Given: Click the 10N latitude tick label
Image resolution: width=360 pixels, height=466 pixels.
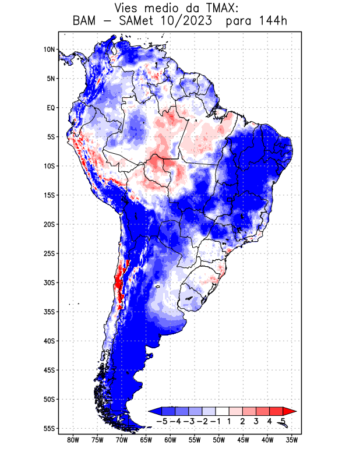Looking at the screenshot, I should pyautogui.click(x=49, y=50).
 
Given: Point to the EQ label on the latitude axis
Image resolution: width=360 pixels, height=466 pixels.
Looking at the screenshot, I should pyautogui.click(x=51, y=108).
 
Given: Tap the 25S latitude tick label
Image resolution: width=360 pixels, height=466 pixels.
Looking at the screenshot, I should pyautogui.click(x=49, y=253).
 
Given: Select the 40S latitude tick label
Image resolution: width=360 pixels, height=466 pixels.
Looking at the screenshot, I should pyautogui.click(x=49, y=341).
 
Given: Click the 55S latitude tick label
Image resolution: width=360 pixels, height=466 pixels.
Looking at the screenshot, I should pyautogui.click(x=49, y=429).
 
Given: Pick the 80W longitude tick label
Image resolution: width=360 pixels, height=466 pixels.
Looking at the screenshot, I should pyautogui.click(x=73, y=440).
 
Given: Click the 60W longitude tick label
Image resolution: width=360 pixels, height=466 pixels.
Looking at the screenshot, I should pyautogui.click(x=170, y=440).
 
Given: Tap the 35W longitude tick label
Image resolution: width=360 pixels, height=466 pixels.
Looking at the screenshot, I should pyautogui.click(x=292, y=440).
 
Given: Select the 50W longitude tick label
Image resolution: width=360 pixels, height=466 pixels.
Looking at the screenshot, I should pyautogui.click(x=219, y=440).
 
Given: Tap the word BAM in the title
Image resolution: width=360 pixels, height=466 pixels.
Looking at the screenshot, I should pyautogui.click(x=85, y=22).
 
